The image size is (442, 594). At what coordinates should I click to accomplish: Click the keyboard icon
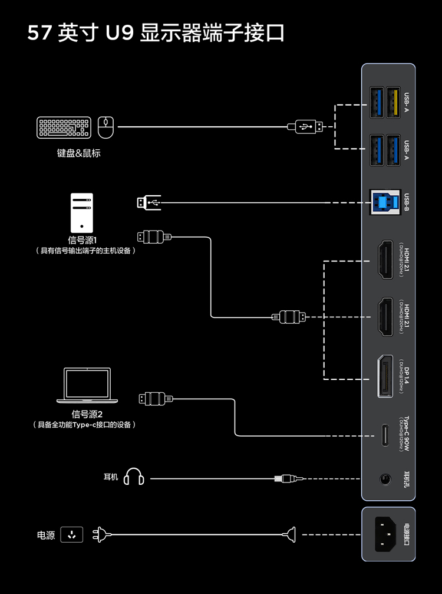pyautogui.click(x=63, y=127)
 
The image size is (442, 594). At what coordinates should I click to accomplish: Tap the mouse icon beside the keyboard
pyautogui.click(x=106, y=126)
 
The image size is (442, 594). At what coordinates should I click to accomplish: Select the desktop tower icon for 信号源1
pyautogui.click(x=81, y=212)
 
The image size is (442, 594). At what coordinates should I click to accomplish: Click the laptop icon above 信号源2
pyautogui.click(x=87, y=386)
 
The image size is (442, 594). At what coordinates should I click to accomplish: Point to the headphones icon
pyautogui.click(x=134, y=477)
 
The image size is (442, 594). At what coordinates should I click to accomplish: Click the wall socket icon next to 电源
pyautogui.click(x=72, y=535)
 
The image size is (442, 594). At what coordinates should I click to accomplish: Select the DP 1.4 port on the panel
pyautogui.click(x=385, y=377)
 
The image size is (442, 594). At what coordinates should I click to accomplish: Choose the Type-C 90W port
pyautogui.click(x=385, y=435)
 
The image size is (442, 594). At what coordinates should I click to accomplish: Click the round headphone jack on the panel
pyautogui.click(x=385, y=478)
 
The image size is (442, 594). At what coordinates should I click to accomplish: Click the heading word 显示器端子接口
pyautogui.click(x=213, y=33)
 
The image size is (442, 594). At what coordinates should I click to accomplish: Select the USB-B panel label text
pyautogui.click(x=407, y=202)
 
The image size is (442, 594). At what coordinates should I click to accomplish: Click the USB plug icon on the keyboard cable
pyautogui.click(x=305, y=126)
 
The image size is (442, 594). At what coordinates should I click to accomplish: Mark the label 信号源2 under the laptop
pyautogui.click(x=87, y=414)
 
